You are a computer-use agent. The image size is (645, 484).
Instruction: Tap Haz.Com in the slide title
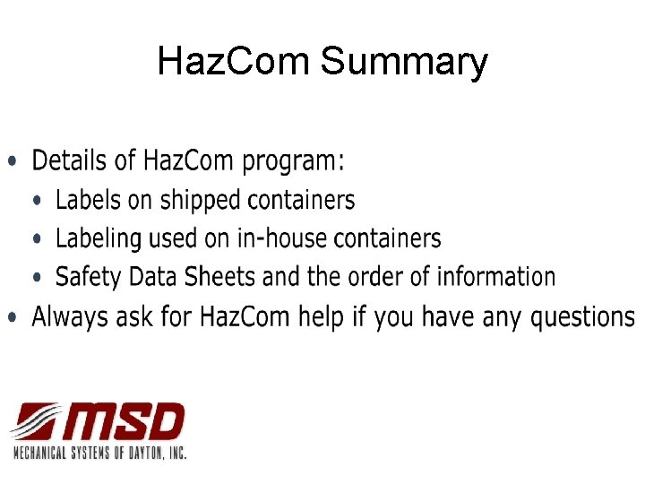[x=235, y=62]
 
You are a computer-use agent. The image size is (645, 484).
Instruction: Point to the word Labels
[x=88, y=200]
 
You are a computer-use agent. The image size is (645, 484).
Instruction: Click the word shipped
[x=202, y=201]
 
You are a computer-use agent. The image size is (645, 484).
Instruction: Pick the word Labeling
[x=99, y=239]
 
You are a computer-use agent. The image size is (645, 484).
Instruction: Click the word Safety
[x=85, y=277]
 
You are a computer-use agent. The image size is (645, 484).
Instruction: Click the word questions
[x=582, y=318]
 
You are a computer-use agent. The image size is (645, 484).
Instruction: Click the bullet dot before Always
[x=12, y=318]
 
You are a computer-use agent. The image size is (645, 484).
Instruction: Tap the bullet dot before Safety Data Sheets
[x=36, y=278]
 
